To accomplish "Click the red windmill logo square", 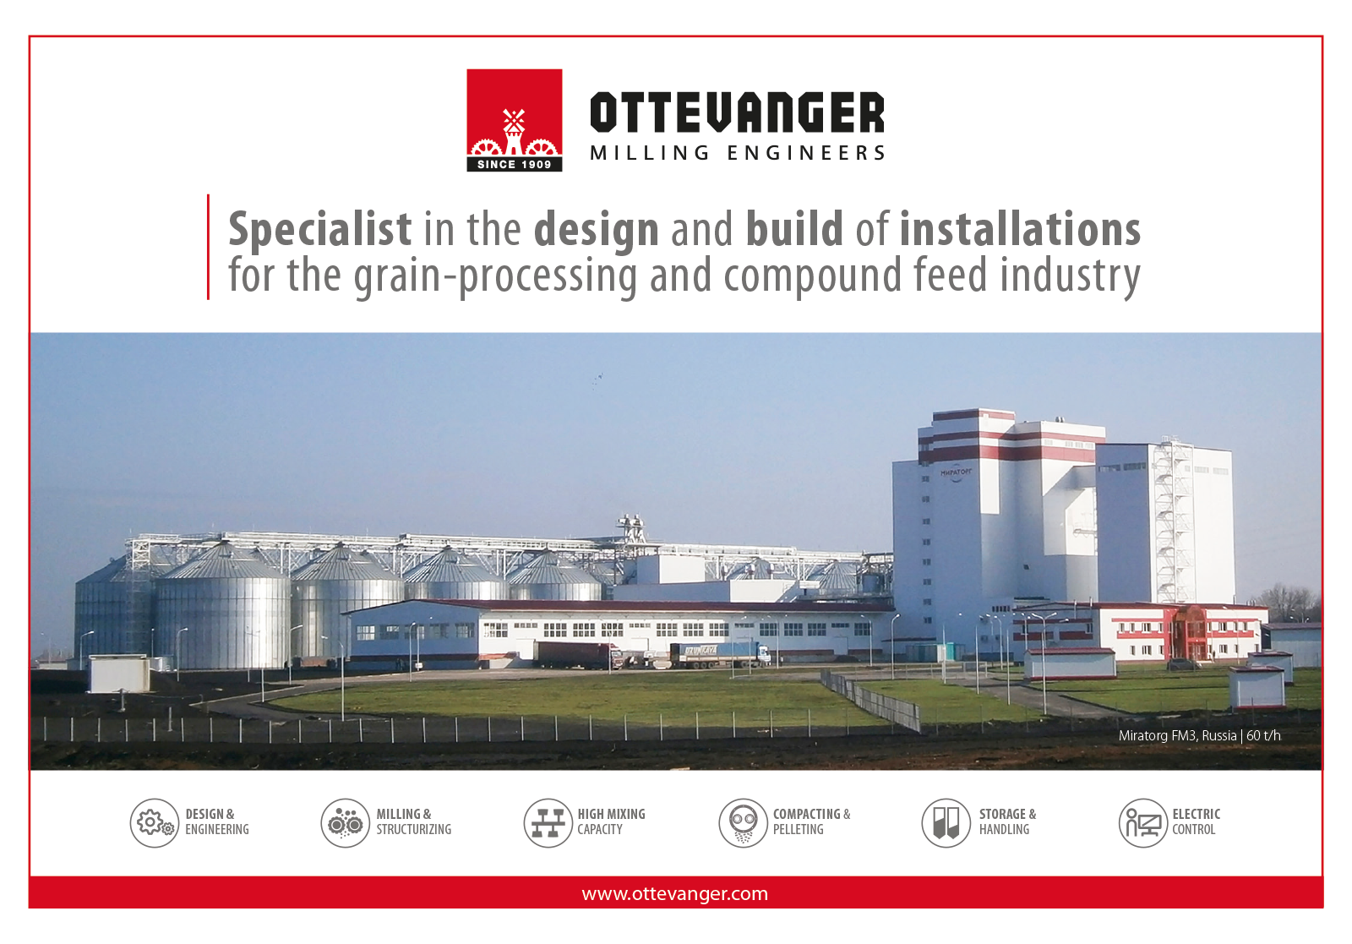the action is point(515,120).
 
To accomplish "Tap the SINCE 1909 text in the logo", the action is point(515,164).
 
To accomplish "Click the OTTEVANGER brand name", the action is point(737,112).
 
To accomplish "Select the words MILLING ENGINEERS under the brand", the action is point(737,153).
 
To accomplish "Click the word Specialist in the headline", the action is point(320,230).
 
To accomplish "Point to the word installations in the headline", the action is point(1020,229).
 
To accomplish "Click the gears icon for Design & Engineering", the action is point(155,822).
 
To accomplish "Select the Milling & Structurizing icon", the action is point(346,822).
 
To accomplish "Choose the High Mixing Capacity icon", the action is point(548,822).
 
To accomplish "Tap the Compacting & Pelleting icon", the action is point(743,822).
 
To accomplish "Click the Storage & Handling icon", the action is point(946,822).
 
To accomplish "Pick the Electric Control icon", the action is point(1143,822).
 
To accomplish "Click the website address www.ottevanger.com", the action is point(675,894).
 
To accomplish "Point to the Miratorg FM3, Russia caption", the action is point(1178,736).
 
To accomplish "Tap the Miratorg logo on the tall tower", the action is point(956,473).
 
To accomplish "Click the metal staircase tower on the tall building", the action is point(1173,521).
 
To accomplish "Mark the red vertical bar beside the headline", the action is point(208,247).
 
